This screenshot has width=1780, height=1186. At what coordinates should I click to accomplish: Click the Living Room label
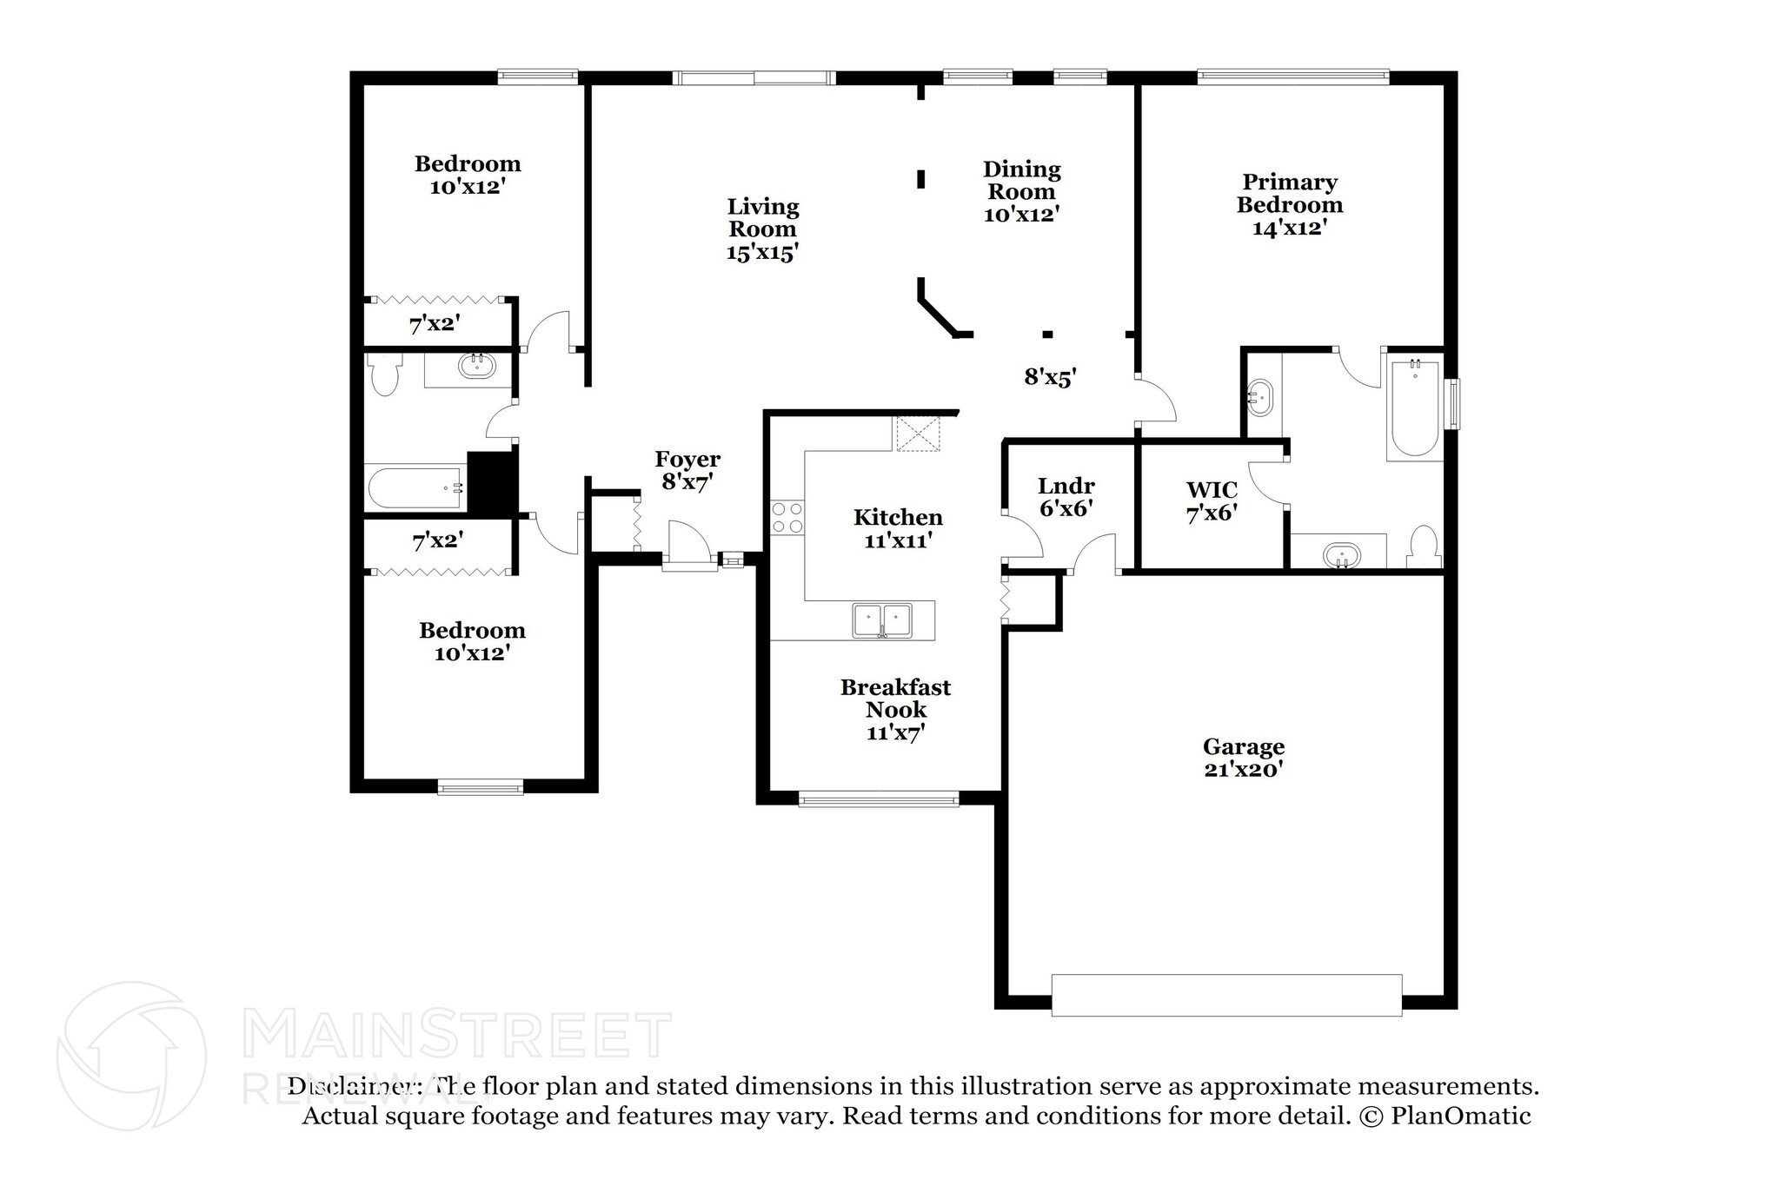tap(762, 218)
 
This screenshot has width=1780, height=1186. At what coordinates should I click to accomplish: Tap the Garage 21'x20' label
tap(1244, 758)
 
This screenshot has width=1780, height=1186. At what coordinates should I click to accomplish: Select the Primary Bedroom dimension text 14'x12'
tap(1289, 228)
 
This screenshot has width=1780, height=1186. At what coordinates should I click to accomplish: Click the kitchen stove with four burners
tap(787, 518)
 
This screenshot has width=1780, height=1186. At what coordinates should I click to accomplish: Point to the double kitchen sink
tap(881, 620)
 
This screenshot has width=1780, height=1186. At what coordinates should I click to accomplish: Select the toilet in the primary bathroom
tap(1423, 547)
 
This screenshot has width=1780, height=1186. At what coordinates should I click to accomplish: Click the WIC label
tap(1212, 490)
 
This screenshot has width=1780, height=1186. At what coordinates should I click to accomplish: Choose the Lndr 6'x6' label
tap(1066, 497)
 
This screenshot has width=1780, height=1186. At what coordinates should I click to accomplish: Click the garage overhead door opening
tap(1225, 995)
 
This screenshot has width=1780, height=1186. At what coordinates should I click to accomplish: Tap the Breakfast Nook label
tap(895, 699)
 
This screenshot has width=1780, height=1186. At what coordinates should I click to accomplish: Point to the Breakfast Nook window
tap(878, 798)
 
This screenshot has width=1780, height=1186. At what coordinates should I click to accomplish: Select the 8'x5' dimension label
tap(1050, 377)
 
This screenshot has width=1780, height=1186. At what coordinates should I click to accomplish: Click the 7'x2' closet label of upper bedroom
tap(435, 324)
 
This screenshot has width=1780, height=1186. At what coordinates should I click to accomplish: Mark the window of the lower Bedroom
tap(481, 788)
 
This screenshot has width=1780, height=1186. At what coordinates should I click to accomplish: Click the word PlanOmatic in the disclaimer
tap(1461, 1116)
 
